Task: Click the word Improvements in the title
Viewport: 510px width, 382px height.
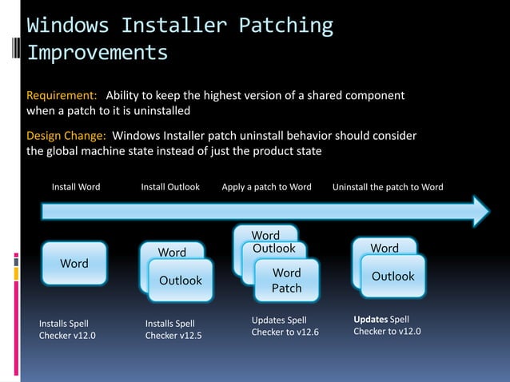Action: click(98, 53)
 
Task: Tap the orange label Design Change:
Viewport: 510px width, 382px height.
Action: click(67, 136)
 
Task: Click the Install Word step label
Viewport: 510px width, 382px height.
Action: click(76, 187)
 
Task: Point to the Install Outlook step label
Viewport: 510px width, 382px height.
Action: click(170, 187)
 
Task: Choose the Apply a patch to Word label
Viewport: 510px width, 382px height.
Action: click(266, 187)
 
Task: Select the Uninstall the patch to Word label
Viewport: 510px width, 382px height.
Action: click(388, 187)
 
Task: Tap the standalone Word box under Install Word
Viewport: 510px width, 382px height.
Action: click(74, 264)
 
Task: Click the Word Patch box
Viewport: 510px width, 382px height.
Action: click(286, 281)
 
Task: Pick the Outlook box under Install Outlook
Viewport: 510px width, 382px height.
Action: click(181, 281)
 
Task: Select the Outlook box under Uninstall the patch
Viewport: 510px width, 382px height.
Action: click(392, 277)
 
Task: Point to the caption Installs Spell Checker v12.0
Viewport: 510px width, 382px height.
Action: click(67, 329)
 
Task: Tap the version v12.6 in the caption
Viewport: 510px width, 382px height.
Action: click(305, 332)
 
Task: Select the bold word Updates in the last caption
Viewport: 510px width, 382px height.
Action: click(370, 319)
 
